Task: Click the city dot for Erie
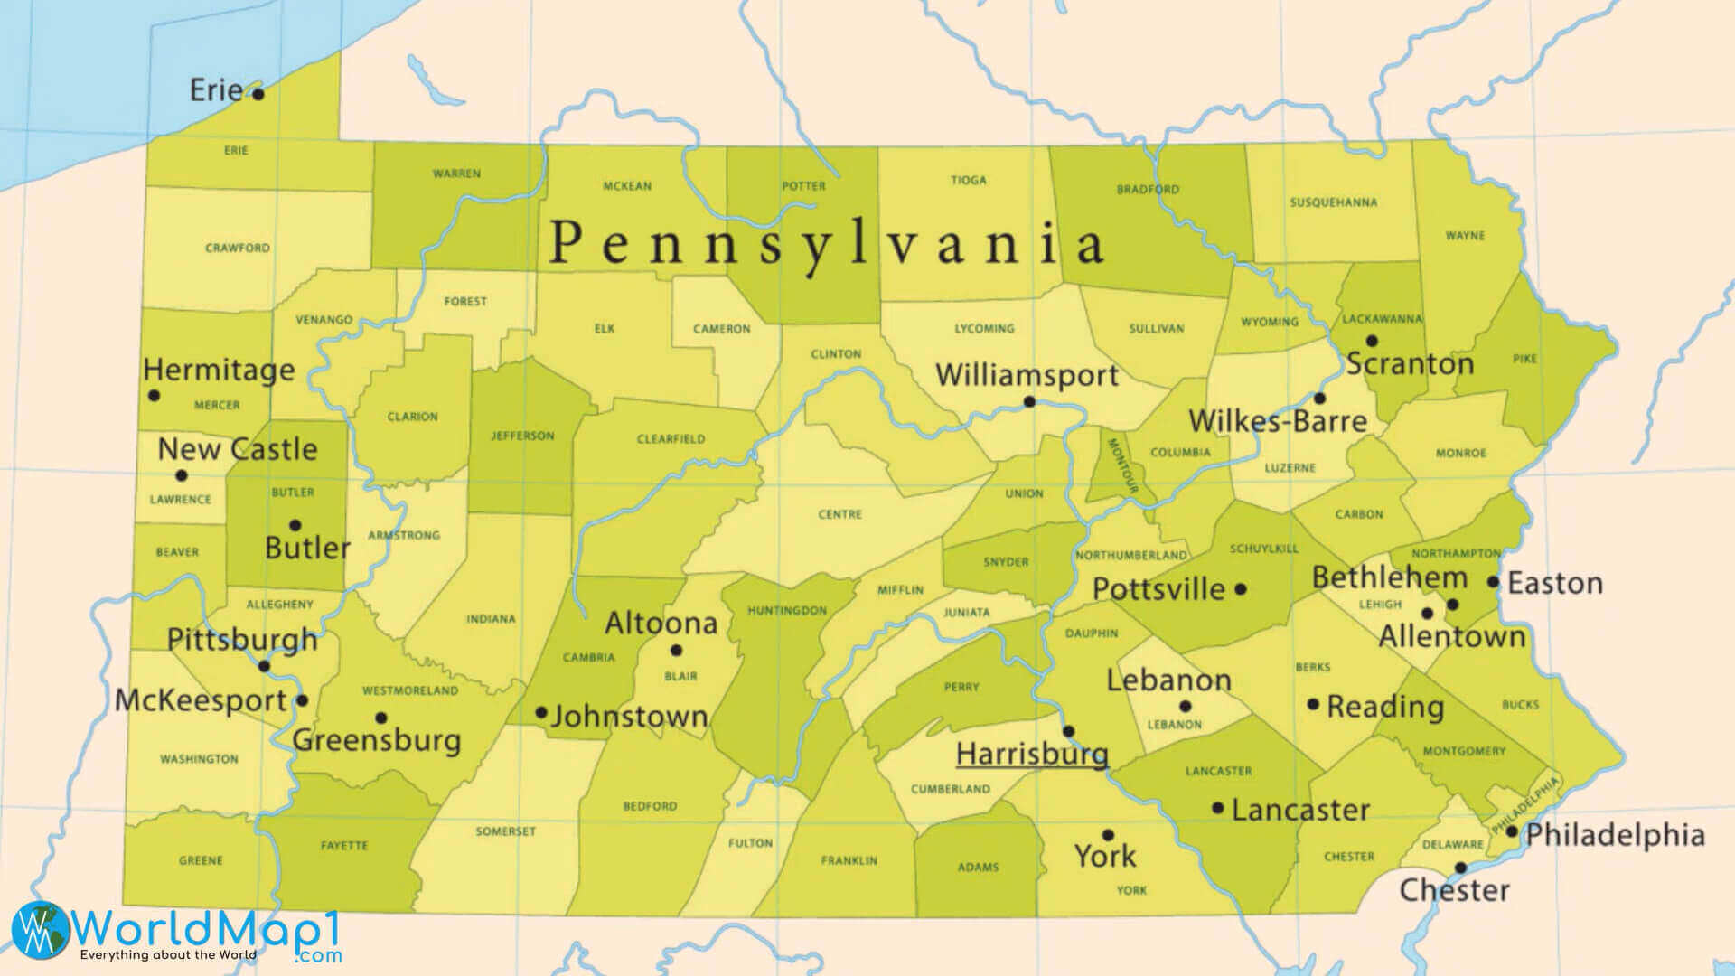pyautogui.click(x=258, y=94)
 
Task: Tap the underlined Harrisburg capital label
pyautogui.click(x=1032, y=754)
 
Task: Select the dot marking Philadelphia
pyautogui.click(x=1511, y=831)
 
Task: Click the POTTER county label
pyautogui.click(x=803, y=186)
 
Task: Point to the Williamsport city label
pyautogui.click(x=1027, y=375)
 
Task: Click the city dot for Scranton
pyautogui.click(x=1372, y=341)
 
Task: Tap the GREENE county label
pyautogui.click(x=201, y=860)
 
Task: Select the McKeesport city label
pyautogui.click(x=201, y=700)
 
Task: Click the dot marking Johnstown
pyautogui.click(x=541, y=712)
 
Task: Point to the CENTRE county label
pyautogui.click(x=839, y=514)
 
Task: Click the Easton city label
pyautogui.click(x=1554, y=583)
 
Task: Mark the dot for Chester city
pyautogui.click(x=1460, y=868)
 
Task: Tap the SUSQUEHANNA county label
pyautogui.click(x=1333, y=202)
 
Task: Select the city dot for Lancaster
pyautogui.click(x=1218, y=808)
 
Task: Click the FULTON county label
pyautogui.click(x=750, y=843)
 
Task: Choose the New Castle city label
pyautogui.click(x=238, y=449)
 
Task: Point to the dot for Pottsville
pyautogui.click(x=1241, y=588)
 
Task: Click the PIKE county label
pyautogui.click(x=1524, y=359)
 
